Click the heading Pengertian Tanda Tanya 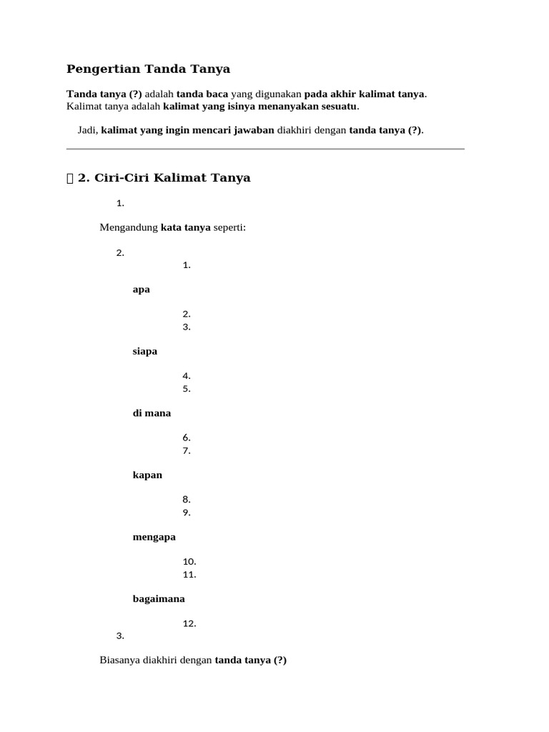(148, 69)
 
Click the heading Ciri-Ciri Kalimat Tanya (172, 178)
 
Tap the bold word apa (142, 290)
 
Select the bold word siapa (145, 352)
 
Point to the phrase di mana (152, 413)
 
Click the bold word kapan (147, 475)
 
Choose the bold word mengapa (154, 537)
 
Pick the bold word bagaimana (159, 599)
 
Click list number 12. (189, 624)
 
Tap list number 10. (189, 562)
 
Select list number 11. (189, 575)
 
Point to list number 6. (186, 437)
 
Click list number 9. (186, 513)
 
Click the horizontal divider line (265, 149)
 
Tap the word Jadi (87, 130)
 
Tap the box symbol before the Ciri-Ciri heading (70, 179)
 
